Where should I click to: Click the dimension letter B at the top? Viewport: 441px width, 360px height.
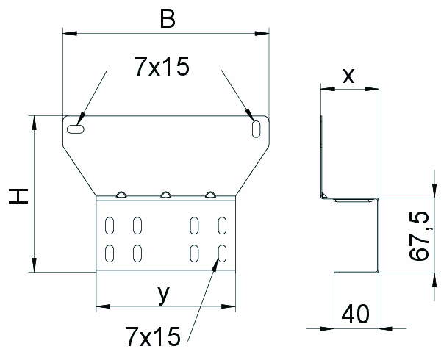coord(168,19)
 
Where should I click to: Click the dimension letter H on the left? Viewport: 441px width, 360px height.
coord(18,196)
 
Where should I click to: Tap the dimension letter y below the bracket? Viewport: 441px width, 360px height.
coord(164,295)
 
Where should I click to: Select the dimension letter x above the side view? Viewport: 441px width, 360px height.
coord(348,76)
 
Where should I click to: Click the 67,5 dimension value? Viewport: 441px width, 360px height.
coord(419,236)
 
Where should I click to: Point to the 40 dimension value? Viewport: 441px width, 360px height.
coord(355,314)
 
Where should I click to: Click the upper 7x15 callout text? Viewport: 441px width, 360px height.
coord(162,66)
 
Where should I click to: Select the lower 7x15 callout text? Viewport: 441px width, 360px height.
coord(153,336)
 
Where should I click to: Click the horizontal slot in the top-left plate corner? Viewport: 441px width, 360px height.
coord(76,129)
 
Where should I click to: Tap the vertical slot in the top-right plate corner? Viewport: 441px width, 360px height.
coord(256,129)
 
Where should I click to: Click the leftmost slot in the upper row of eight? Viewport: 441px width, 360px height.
coord(110,226)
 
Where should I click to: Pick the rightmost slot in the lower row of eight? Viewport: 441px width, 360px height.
coord(222,253)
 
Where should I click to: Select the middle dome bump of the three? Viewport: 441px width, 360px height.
coord(165,195)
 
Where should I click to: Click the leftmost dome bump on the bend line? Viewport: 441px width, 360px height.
coord(121,195)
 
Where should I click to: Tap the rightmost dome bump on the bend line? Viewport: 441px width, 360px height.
coord(210,195)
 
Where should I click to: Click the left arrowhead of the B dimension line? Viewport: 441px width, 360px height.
coord(70,34)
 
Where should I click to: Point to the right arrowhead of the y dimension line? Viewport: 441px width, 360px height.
coord(229,306)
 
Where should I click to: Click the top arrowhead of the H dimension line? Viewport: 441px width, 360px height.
coord(35,123)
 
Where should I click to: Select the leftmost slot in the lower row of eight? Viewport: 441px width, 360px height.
coord(110,253)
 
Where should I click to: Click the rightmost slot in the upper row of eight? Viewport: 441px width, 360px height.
coord(222,226)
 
